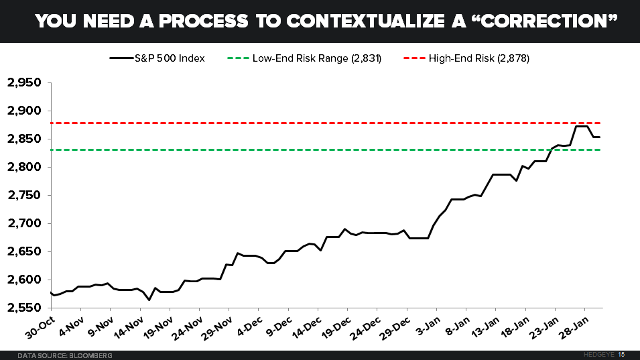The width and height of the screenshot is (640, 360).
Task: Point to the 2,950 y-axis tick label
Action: (x=24, y=83)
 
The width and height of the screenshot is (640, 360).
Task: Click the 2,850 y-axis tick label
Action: (x=24, y=139)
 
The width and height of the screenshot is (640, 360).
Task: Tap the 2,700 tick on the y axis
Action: (x=24, y=223)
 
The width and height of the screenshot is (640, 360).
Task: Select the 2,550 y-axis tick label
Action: (x=24, y=308)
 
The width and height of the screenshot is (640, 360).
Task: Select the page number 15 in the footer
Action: (x=622, y=354)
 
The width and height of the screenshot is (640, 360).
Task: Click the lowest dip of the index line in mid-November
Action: (x=149, y=300)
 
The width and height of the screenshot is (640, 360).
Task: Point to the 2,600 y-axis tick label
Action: (x=24, y=280)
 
